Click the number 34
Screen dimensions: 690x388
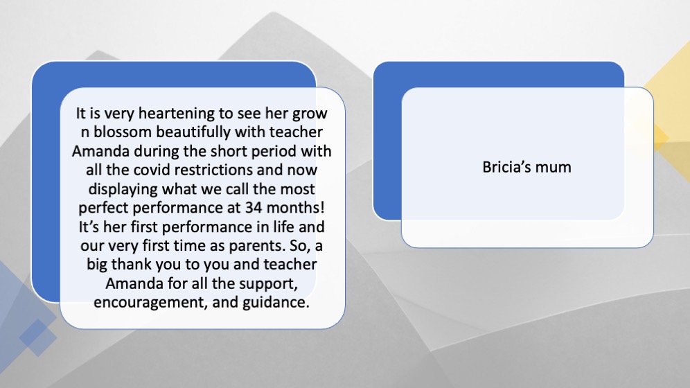tap(254, 208)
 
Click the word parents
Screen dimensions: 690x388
tap(256, 246)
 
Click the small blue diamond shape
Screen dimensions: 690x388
tap(38, 337)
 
